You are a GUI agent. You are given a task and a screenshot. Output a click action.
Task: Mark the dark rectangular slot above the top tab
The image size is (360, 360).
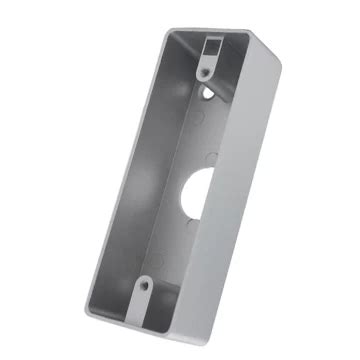[212, 44]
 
